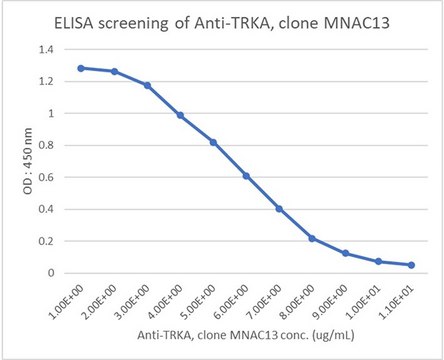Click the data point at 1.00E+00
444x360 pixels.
80,68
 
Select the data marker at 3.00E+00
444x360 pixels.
147,85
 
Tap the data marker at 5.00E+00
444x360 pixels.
213,142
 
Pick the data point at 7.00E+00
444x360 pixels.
279,209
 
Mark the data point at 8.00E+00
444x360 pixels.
313,238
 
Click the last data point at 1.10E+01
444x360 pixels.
411,265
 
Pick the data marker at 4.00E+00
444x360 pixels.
180,115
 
